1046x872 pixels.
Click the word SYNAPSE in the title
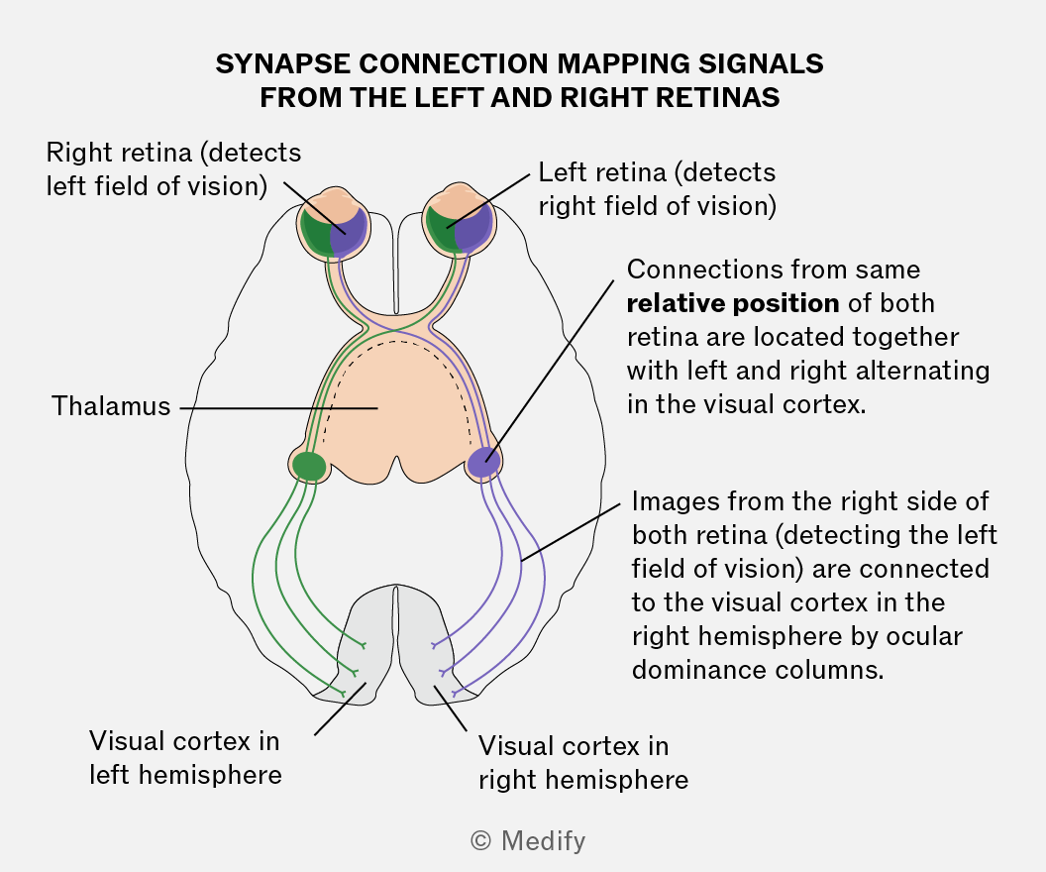tap(282, 64)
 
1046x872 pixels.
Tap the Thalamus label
tap(111, 406)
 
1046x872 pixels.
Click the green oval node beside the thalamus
tap(309, 466)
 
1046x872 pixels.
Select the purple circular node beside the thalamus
tap(483, 463)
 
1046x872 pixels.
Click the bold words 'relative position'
tap(732, 303)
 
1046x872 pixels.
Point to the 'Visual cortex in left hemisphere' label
tap(185, 758)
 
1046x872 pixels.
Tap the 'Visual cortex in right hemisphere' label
tap(583, 763)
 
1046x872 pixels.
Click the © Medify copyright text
tap(528, 840)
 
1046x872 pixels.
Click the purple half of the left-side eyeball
tap(349, 232)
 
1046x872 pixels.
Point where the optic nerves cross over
tap(396, 328)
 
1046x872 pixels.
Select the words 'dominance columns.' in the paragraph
tap(758, 670)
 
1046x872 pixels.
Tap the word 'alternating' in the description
tap(922, 371)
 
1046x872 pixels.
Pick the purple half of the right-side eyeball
tap(475, 229)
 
